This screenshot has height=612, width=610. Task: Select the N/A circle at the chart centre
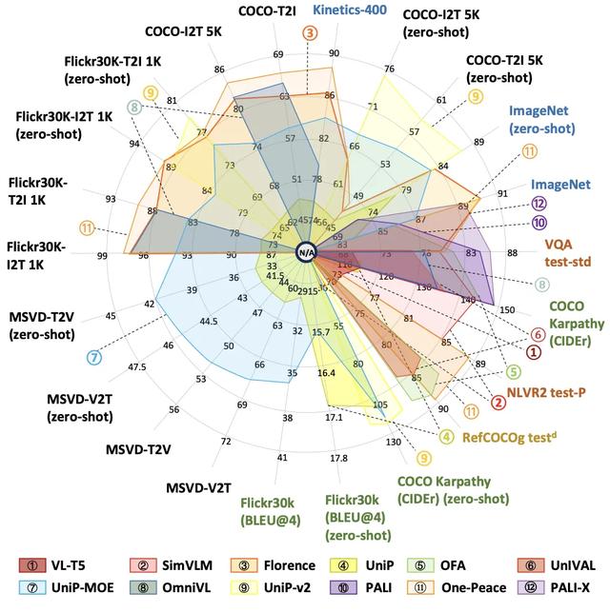tap(305, 251)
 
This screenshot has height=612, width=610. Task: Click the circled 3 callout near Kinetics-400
tap(311, 32)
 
